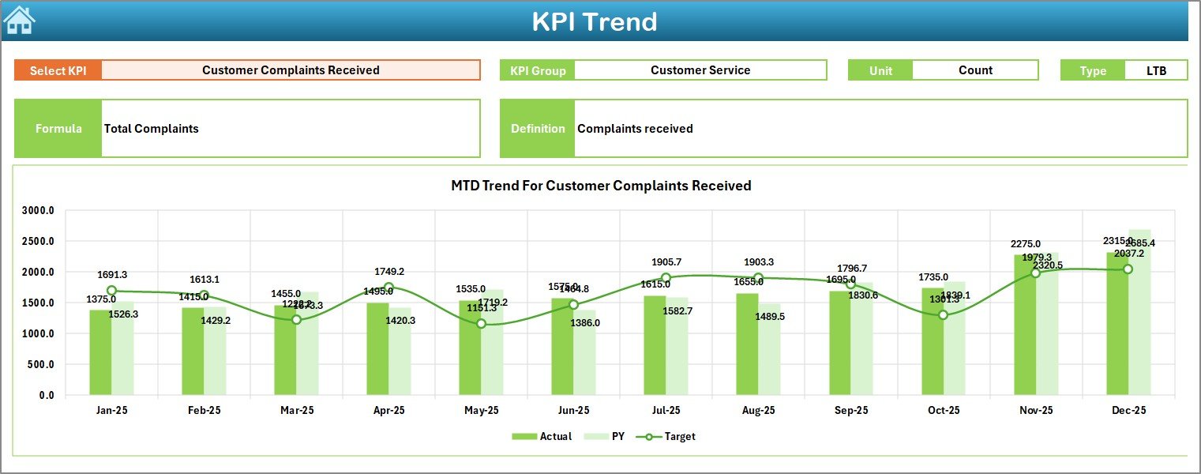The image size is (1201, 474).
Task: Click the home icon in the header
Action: (20, 21)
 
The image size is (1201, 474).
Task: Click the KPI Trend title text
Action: (594, 21)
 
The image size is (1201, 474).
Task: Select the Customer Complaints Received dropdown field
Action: (291, 70)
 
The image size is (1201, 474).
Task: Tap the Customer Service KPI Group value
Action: (700, 70)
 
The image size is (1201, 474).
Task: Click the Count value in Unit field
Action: (974, 70)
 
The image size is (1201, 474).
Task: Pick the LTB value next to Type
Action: (1156, 70)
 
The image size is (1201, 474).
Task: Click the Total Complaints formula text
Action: (152, 129)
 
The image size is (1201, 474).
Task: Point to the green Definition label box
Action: (537, 129)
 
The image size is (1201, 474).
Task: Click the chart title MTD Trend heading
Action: (600, 186)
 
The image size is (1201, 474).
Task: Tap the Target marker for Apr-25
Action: (388, 288)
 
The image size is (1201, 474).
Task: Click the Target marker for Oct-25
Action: (943, 315)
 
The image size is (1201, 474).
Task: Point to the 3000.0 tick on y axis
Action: (38, 211)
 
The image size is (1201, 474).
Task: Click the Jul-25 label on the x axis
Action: (666, 411)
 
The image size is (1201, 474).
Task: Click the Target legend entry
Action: (670, 436)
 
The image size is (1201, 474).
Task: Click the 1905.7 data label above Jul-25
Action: (666, 262)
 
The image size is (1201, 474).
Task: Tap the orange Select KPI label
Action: (58, 70)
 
